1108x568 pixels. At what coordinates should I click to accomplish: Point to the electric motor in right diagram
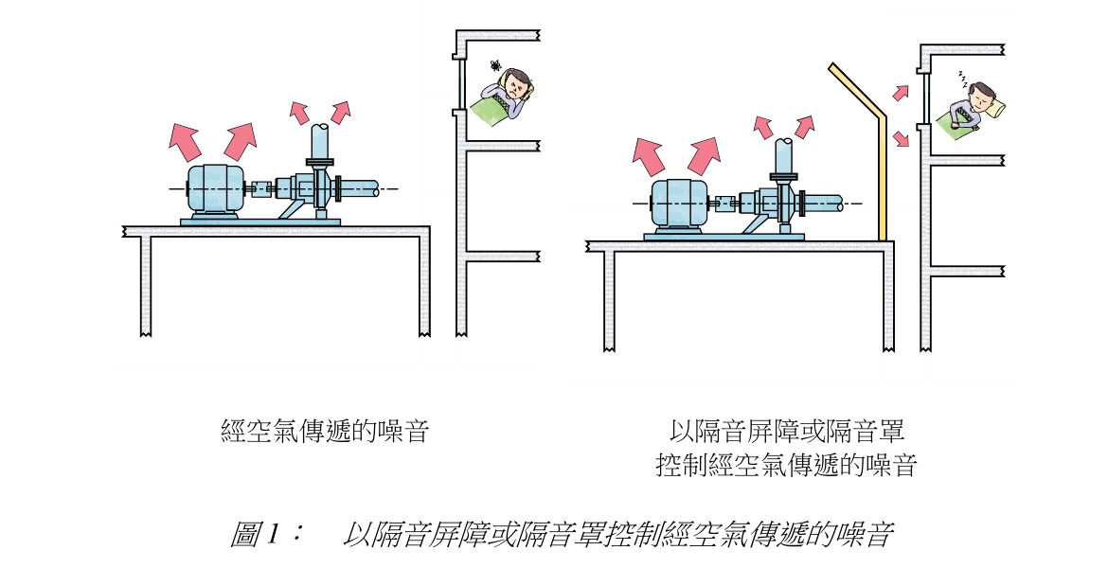(677, 204)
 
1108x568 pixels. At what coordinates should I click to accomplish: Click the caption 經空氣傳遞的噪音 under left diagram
(326, 432)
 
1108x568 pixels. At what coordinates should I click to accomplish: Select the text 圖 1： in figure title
(266, 534)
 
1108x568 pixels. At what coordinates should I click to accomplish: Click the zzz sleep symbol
(961, 77)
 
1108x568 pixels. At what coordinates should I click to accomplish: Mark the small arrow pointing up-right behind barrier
(901, 93)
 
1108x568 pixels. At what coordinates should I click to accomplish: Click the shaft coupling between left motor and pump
(260, 190)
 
